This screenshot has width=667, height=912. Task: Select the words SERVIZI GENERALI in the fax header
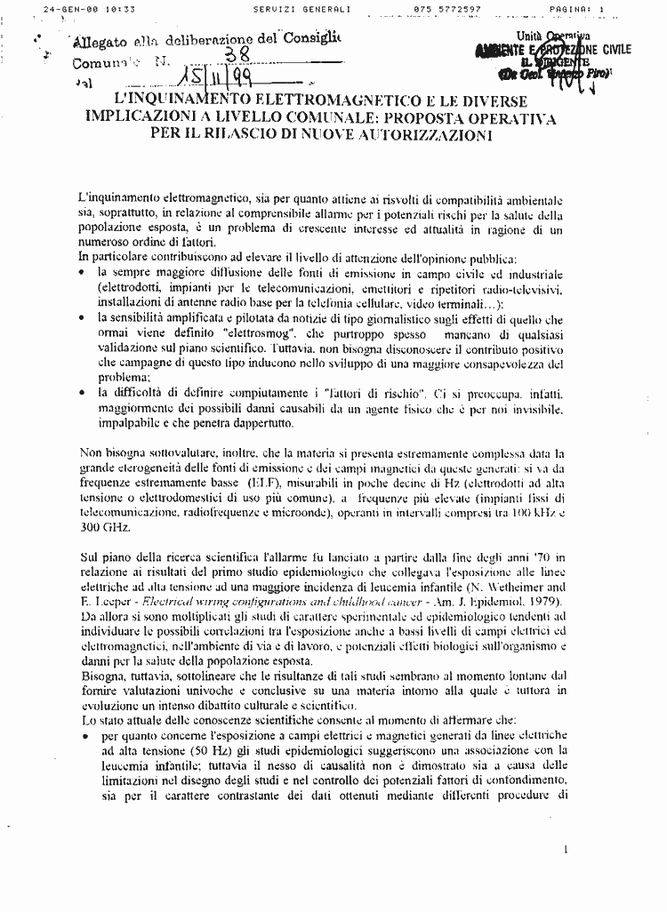(x=301, y=8)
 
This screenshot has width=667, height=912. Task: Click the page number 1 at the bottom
(x=566, y=849)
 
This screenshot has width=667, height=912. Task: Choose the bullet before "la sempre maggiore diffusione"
(x=82, y=274)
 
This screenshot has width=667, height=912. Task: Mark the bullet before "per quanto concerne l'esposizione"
(x=84, y=737)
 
